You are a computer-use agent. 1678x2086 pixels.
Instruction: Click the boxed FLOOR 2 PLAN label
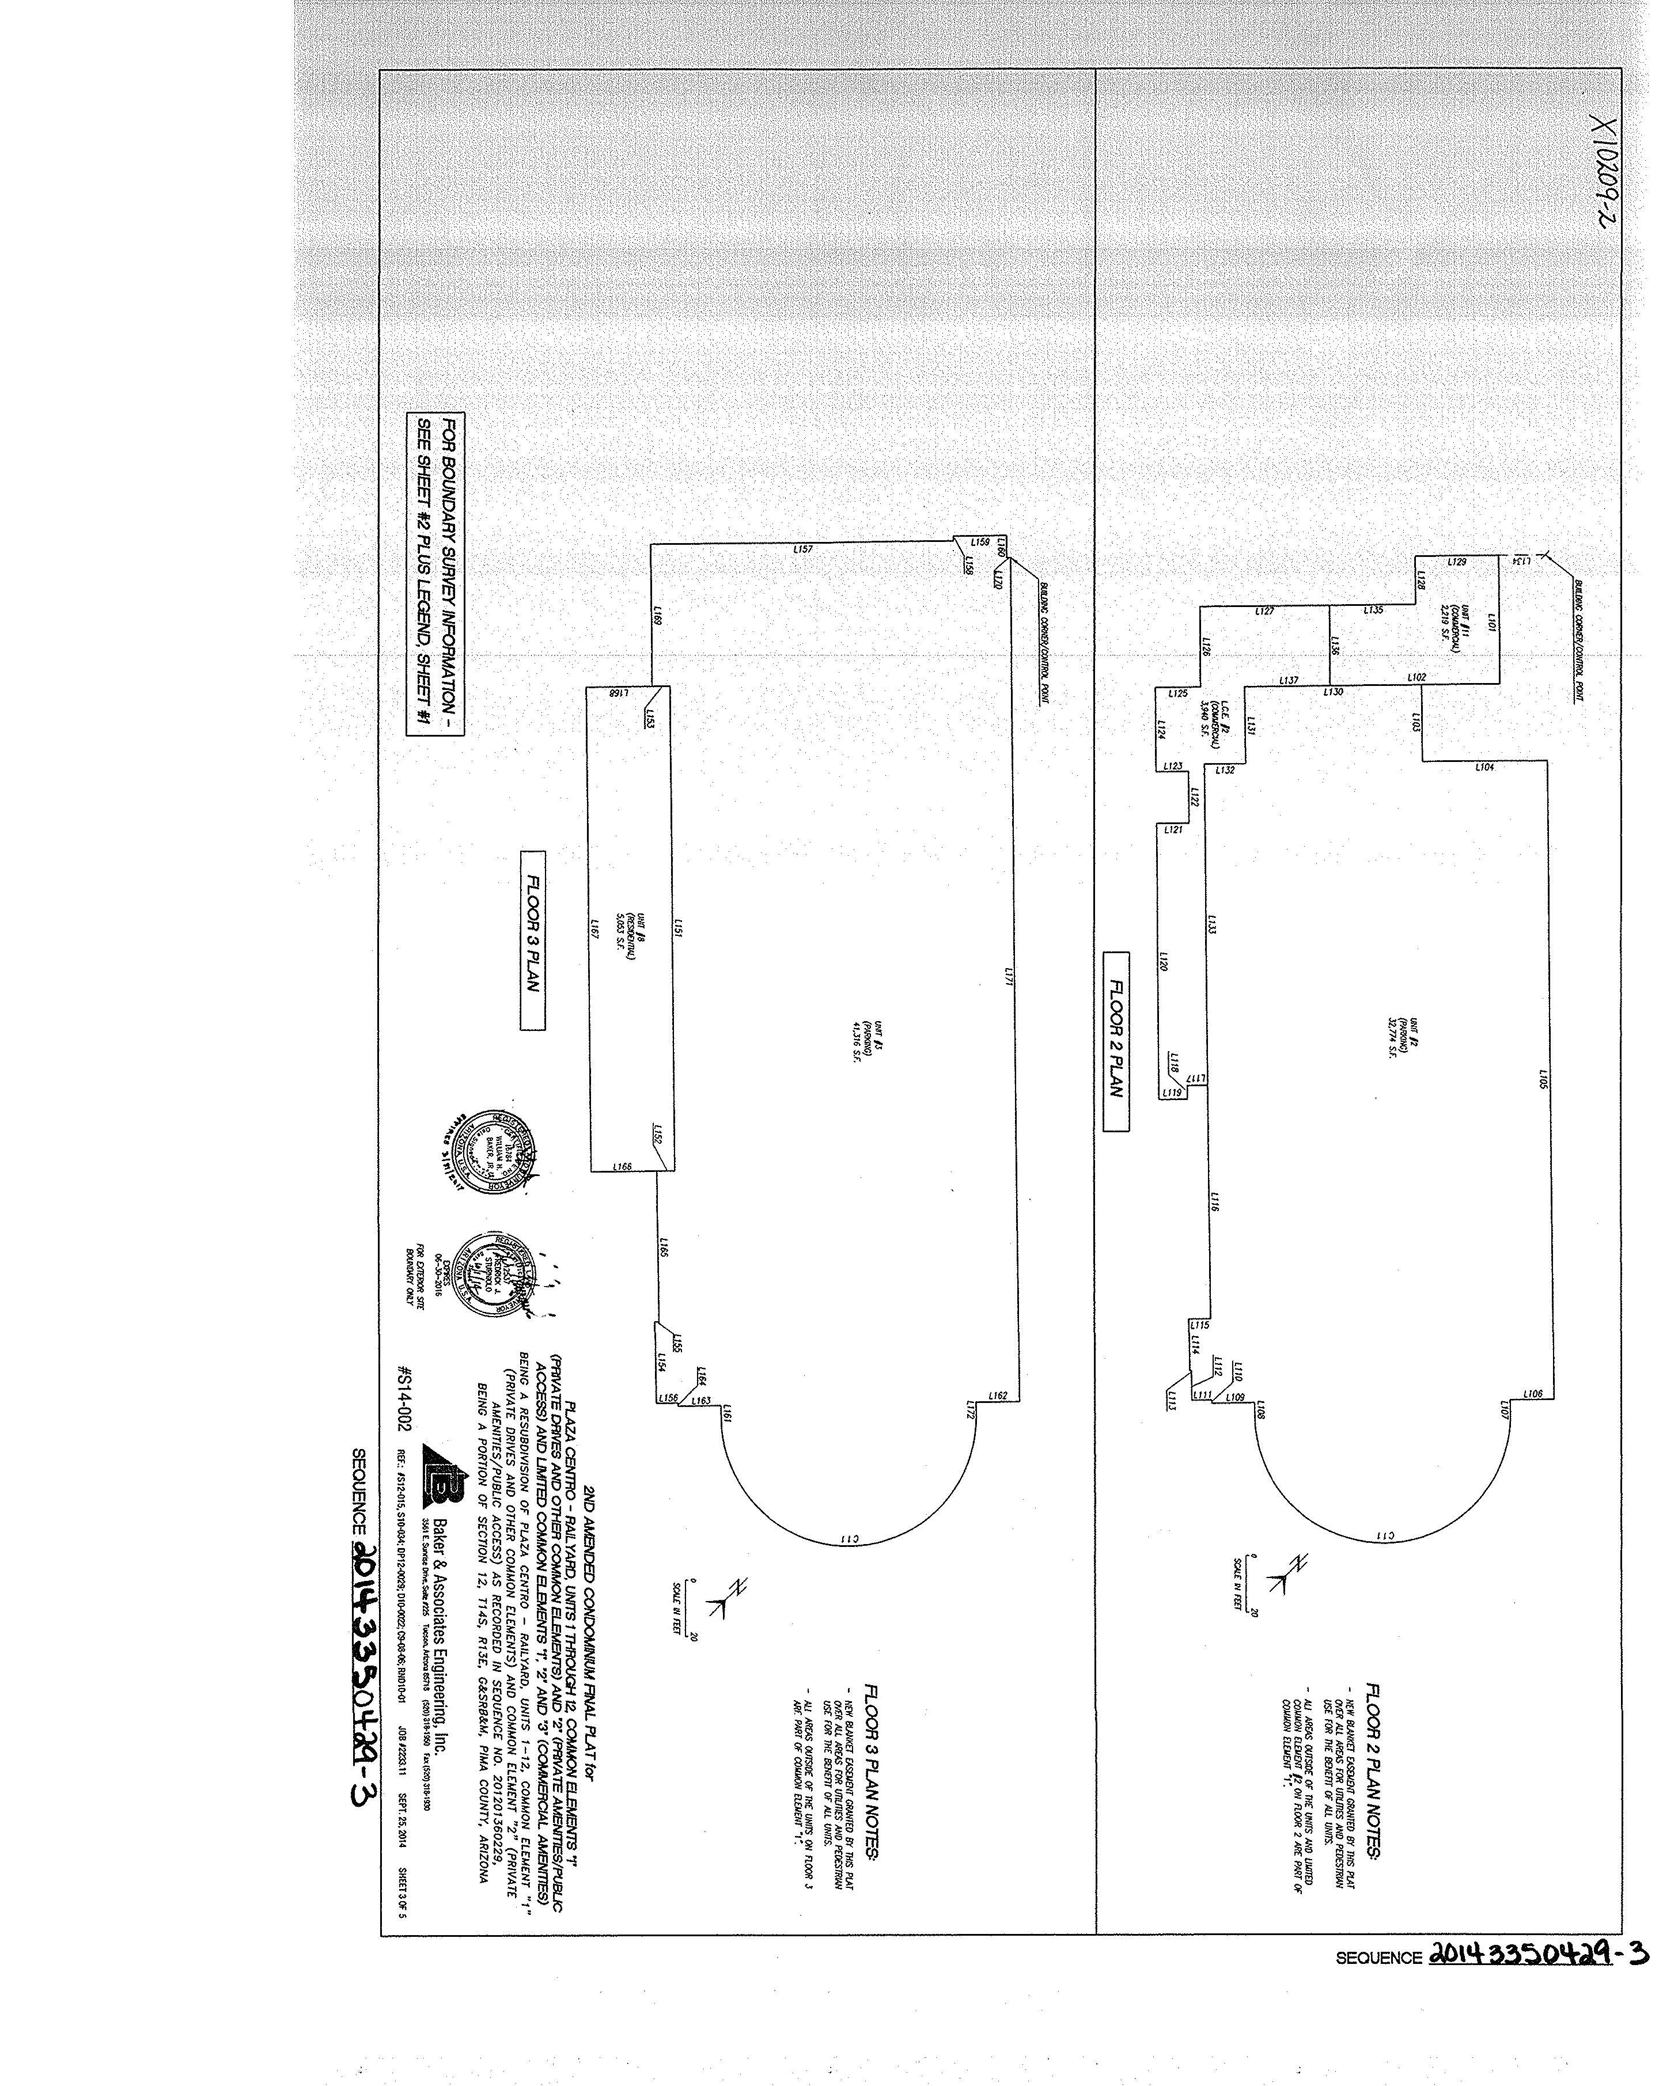[1116, 1040]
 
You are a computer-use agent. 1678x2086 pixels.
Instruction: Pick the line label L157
[802, 549]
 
